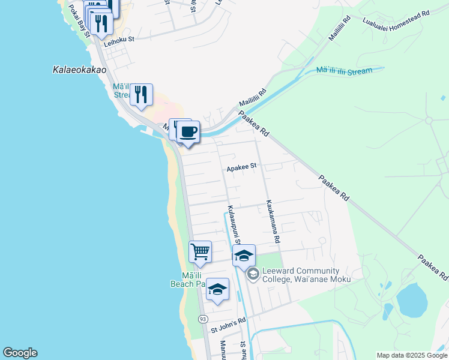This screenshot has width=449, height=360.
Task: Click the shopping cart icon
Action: click(200, 251)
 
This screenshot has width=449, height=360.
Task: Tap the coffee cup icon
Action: click(188, 132)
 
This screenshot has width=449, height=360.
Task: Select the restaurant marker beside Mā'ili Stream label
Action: click(141, 94)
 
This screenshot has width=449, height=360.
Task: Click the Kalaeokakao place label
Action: click(76, 70)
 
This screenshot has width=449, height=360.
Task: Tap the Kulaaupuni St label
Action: click(234, 225)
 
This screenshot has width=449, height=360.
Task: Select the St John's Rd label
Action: click(228, 325)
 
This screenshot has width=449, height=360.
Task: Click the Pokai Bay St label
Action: click(79, 20)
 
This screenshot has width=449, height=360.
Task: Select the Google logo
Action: click(20, 353)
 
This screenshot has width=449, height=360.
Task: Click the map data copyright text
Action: click(412, 355)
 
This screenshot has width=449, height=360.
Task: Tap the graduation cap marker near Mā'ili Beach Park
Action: click(217, 290)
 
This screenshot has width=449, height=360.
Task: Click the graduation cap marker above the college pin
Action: click(244, 256)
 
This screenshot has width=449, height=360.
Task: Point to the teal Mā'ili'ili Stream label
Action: click(344, 71)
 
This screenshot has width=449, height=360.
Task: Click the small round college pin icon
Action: click(253, 274)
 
